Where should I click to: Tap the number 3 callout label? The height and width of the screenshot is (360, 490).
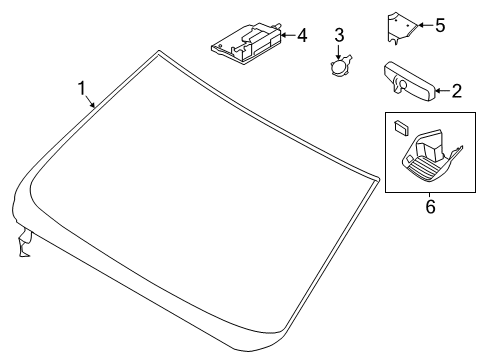pyautogui.click(x=339, y=36)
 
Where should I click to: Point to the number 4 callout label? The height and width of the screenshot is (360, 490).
pyautogui.click(x=301, y=36)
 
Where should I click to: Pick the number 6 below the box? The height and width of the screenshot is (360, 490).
pyautogui.click(x=431, y=207)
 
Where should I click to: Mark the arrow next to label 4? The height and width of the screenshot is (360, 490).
pyautogui.click(x=286, y=36)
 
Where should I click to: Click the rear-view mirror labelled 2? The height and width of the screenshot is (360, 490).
pyautogui.click(x=409, y=80)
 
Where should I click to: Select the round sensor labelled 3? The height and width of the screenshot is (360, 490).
pyautogui.click(x=339, y=68)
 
